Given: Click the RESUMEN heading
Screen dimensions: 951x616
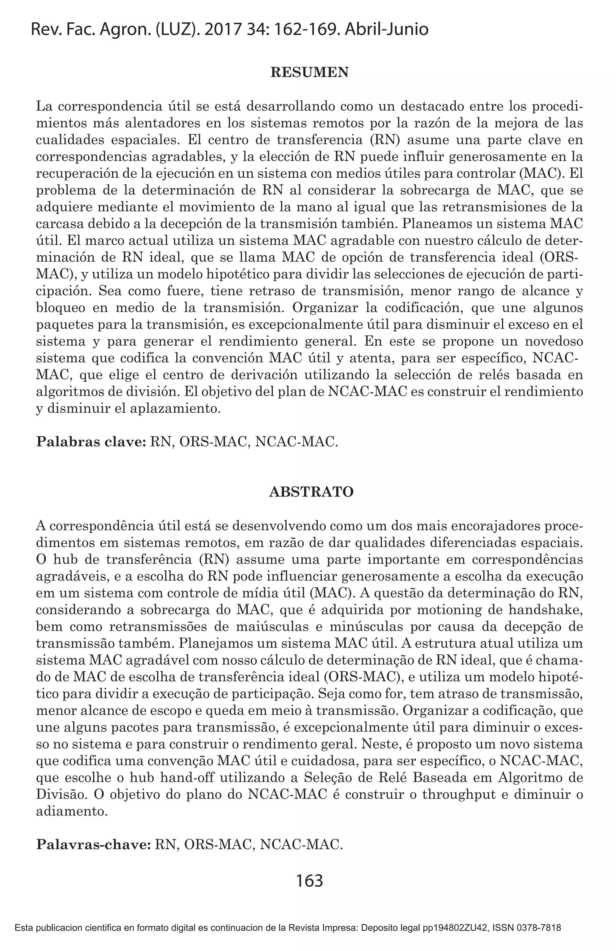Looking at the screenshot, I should pyautogui.click(x=310, y=73).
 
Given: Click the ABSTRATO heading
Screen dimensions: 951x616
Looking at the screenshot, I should pyautogui.click(x=311, y=492).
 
